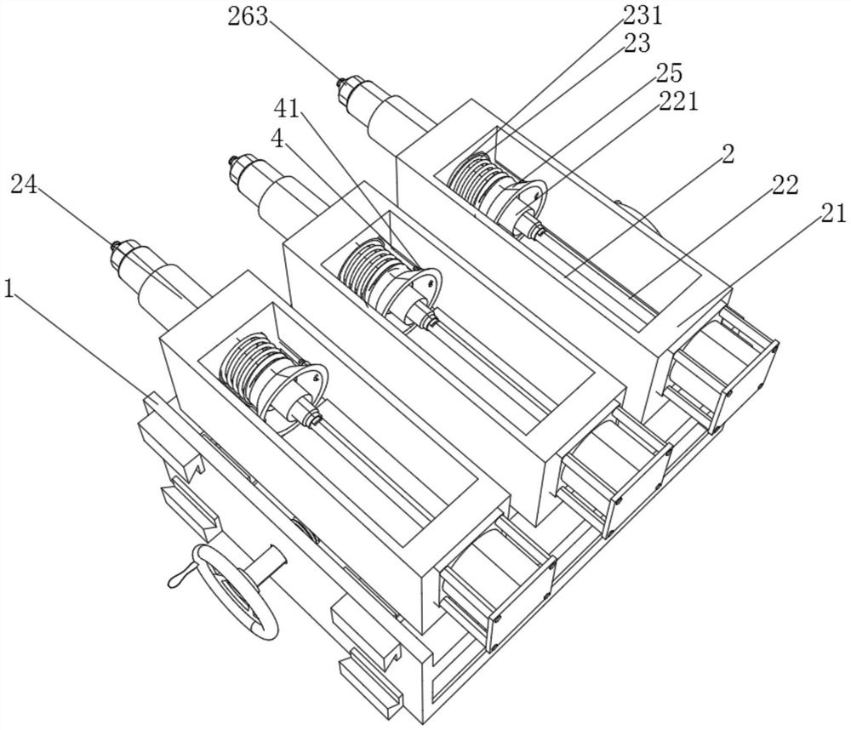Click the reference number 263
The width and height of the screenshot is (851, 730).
click(x=248, y=17)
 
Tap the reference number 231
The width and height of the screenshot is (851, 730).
click(x=643, y=15)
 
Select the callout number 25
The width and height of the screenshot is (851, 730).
click(x=669, y=72)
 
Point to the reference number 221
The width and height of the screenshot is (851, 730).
click(x=678, y=100)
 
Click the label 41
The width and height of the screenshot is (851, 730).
click(x=287, y=109)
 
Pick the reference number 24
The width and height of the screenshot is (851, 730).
click(x=24, y=185)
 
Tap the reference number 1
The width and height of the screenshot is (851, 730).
click(x=9, y=288)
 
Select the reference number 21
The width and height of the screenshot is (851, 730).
click(x=833, y=214)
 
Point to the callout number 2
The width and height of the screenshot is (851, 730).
click(x=728, y=154)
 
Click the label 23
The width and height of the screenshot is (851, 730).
click(x=637, y=43)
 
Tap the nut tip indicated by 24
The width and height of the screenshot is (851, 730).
click(x=116, y=247)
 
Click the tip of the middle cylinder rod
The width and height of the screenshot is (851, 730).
click(x=233, y=160)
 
